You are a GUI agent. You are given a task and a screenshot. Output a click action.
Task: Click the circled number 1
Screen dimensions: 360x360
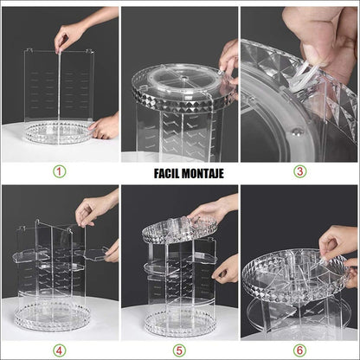(x=59, y=171)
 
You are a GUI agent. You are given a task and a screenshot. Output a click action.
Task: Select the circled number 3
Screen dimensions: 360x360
(x=300, y=171)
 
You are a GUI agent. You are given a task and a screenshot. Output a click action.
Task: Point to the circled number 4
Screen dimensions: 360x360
(x=59, y=351)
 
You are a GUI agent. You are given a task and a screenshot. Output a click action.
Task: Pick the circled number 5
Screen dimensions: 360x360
(x=179, y=351)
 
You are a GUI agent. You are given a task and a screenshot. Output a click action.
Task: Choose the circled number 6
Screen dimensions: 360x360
(x=300, y=351)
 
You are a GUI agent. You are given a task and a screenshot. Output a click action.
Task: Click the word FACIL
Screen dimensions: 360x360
(x=167, y=174)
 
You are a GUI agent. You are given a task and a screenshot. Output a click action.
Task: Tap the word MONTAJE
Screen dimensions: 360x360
(x=203, y=174)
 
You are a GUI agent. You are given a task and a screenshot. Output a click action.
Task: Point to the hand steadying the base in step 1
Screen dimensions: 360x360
(x=106, y=127)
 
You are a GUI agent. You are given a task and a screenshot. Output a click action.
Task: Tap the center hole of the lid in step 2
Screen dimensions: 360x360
(x=183, y=77)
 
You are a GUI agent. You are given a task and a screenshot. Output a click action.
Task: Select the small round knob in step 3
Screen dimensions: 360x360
(x=297, y=132)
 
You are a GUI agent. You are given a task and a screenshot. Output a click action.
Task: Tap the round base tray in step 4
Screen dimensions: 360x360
(x=54, y=318)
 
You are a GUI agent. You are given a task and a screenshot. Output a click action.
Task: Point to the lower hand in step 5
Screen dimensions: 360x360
(x=227, y=270)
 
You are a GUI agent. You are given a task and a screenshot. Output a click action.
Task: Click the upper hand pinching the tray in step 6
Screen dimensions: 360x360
(x=337, y=242)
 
